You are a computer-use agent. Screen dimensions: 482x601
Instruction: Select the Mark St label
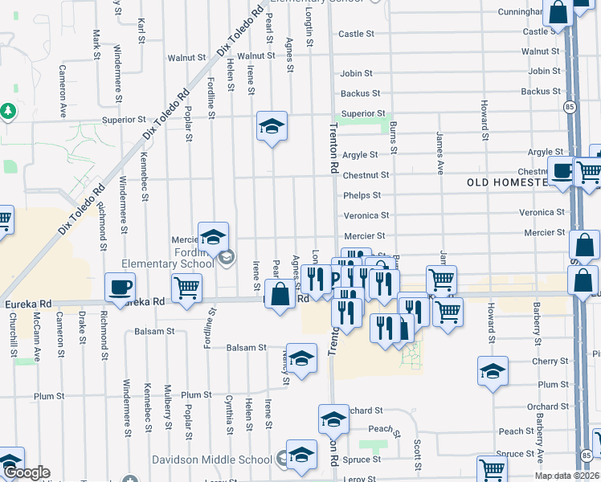click(96, 41)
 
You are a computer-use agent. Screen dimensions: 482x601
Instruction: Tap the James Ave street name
click(440, 153)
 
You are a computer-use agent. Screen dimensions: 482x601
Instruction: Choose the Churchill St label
click(14, 333)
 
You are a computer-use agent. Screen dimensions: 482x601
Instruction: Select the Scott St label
click(418, 455)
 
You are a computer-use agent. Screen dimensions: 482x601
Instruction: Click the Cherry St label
click(550, 362)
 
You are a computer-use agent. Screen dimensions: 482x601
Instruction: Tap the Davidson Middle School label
click(212, 460)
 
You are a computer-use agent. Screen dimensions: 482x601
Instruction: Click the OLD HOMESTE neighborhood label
click(507, 183)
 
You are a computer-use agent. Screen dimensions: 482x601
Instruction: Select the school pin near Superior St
click(272, 127)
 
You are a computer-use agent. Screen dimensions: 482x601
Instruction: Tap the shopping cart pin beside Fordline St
click(187, 287)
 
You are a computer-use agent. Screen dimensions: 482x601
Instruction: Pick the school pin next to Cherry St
click(493, 372)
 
